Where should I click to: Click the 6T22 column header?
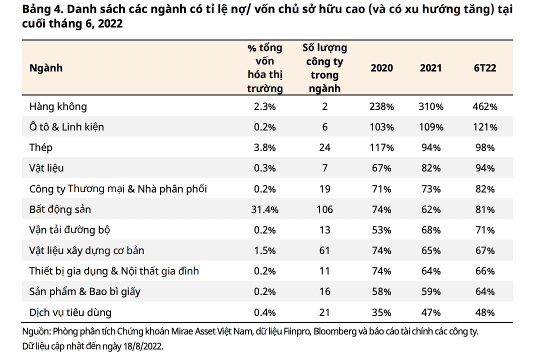pos(484,68)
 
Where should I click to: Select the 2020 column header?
pos(381,68)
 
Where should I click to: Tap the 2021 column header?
pos(430,68)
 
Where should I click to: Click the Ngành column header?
pos(46,68)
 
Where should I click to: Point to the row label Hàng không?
pos(58,106)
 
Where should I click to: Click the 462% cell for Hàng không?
pos(484,106)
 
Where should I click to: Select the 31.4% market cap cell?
pos(264,209)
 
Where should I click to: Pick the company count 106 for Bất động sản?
pos(324,209)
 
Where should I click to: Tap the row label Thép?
pos(41,147)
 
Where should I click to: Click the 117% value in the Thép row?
pos(381,147)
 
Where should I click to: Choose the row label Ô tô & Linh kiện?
pos(66,127)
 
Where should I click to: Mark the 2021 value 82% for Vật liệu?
pos(430,168)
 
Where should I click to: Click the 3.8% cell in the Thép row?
pos(264,147)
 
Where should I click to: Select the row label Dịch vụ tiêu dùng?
pos(70,312)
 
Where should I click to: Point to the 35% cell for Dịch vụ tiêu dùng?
pos(381,312)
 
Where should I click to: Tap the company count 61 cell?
pos(324,250)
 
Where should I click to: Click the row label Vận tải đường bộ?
pos(69,230)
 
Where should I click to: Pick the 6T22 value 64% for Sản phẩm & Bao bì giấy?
pos(484,292)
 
